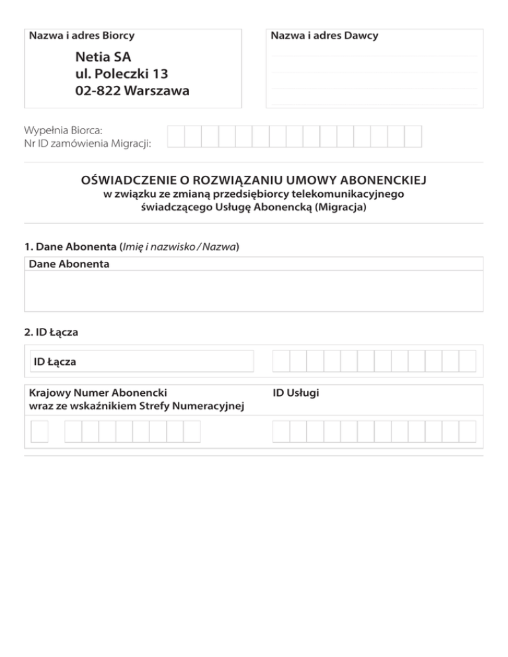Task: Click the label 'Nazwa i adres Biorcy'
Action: [x=82, y=36]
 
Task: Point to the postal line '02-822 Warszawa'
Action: [x=132, y=91]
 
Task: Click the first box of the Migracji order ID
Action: [x=176, y=136]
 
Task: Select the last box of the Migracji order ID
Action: [x=413, y=136]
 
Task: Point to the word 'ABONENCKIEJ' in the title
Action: [x=386, y=180]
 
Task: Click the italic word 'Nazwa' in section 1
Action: [x=220, y=247]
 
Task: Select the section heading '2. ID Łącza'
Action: [x=51, y=332]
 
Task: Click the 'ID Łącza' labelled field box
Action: [x=142, y=362]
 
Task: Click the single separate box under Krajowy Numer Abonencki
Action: [x=40, y=432]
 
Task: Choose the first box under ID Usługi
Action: [x=281, y=432]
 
